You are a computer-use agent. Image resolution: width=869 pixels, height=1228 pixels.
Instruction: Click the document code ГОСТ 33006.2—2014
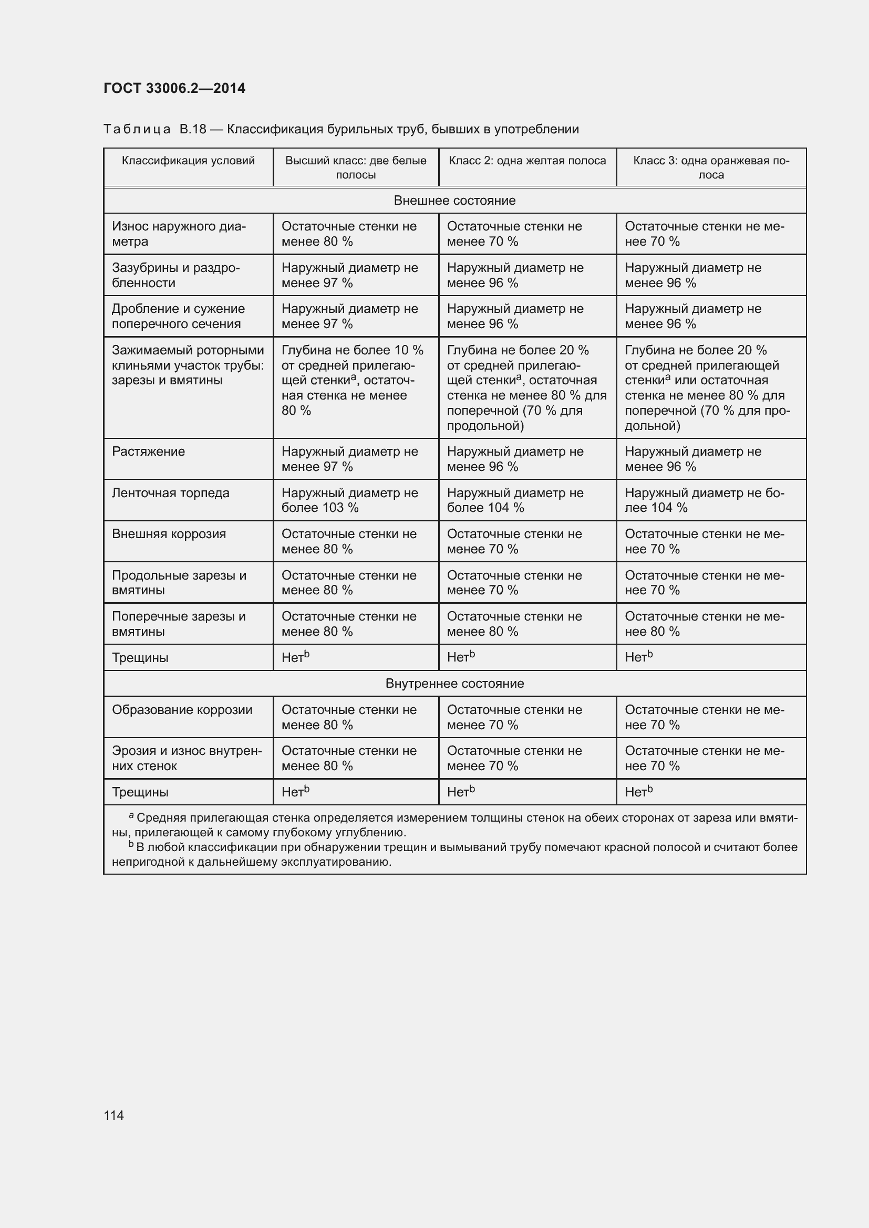coord(174,88)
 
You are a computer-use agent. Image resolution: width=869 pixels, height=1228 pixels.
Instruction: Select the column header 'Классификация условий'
coord(189,161)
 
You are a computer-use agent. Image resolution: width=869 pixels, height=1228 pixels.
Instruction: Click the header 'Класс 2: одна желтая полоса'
coord(527,161)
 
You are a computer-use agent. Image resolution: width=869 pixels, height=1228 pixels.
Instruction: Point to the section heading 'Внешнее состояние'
coord(454,201)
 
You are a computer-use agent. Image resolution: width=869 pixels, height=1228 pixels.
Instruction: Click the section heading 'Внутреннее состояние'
coord(454,684)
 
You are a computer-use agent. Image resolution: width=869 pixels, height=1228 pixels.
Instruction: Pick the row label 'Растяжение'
coord(148,452)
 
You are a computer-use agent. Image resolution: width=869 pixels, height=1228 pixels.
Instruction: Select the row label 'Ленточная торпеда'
coord(170,492)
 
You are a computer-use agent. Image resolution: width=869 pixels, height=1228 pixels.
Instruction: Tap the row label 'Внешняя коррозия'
coord(169,534)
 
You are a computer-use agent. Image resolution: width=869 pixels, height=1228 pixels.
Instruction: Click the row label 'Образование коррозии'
coord(182,710)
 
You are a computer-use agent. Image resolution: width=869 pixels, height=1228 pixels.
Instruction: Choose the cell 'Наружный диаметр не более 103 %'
coord(349,500)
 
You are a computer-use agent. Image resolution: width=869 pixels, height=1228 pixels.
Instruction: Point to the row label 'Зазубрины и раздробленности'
coord(175,275)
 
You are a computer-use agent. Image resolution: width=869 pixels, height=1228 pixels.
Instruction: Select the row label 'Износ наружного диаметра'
coord(179,234)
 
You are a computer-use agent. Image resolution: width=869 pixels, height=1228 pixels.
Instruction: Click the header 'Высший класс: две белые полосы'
coord(355,167)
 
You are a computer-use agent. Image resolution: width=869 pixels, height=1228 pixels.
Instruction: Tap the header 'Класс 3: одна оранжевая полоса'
coord(711,167)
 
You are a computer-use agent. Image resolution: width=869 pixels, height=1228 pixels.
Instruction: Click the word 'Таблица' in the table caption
coord(137,130)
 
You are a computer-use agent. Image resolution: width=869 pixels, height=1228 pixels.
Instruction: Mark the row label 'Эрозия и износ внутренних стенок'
coord(187,758)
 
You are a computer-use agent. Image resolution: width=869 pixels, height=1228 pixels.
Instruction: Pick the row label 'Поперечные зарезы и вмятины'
coord(179,624)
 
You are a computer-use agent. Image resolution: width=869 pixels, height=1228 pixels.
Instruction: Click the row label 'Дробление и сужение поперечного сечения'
coord(178,316)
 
